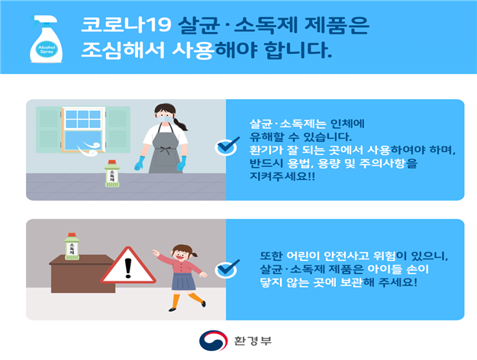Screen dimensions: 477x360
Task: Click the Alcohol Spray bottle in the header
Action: (46, 39)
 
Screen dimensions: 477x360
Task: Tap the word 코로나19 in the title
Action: (126, 24)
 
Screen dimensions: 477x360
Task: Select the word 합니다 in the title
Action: (298, 50)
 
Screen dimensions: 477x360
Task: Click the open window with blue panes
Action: (83, 130)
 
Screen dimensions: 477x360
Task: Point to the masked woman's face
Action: (165, 115)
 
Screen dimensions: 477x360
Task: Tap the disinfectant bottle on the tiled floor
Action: (112, 174)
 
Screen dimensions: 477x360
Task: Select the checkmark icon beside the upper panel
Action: (227, 146)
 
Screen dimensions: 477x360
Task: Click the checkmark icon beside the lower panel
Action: (227, 268)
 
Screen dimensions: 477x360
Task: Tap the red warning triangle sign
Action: (128, 266)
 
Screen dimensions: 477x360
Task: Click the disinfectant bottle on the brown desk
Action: (72, 246)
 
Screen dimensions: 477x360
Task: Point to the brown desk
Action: (82, 274)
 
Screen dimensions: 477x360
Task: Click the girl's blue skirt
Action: (183, 281)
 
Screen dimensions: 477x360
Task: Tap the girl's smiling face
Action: (180, 254)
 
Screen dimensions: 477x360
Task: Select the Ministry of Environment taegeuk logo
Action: (213, 340)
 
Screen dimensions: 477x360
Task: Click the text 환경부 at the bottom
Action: (253, 340)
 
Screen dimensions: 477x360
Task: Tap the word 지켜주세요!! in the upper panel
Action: (282, 176)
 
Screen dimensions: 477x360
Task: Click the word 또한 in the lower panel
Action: (272, 256)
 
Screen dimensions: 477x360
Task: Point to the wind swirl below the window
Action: (89, 149)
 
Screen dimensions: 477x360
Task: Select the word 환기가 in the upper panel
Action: (266, 150)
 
